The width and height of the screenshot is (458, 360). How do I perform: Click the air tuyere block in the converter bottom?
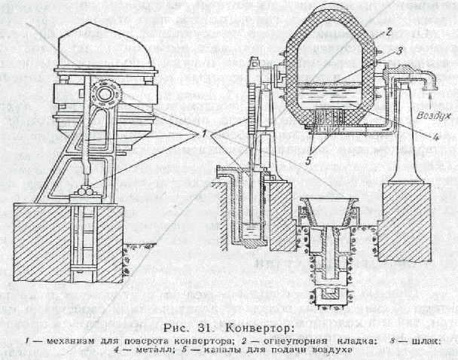[x=330, y=117]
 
